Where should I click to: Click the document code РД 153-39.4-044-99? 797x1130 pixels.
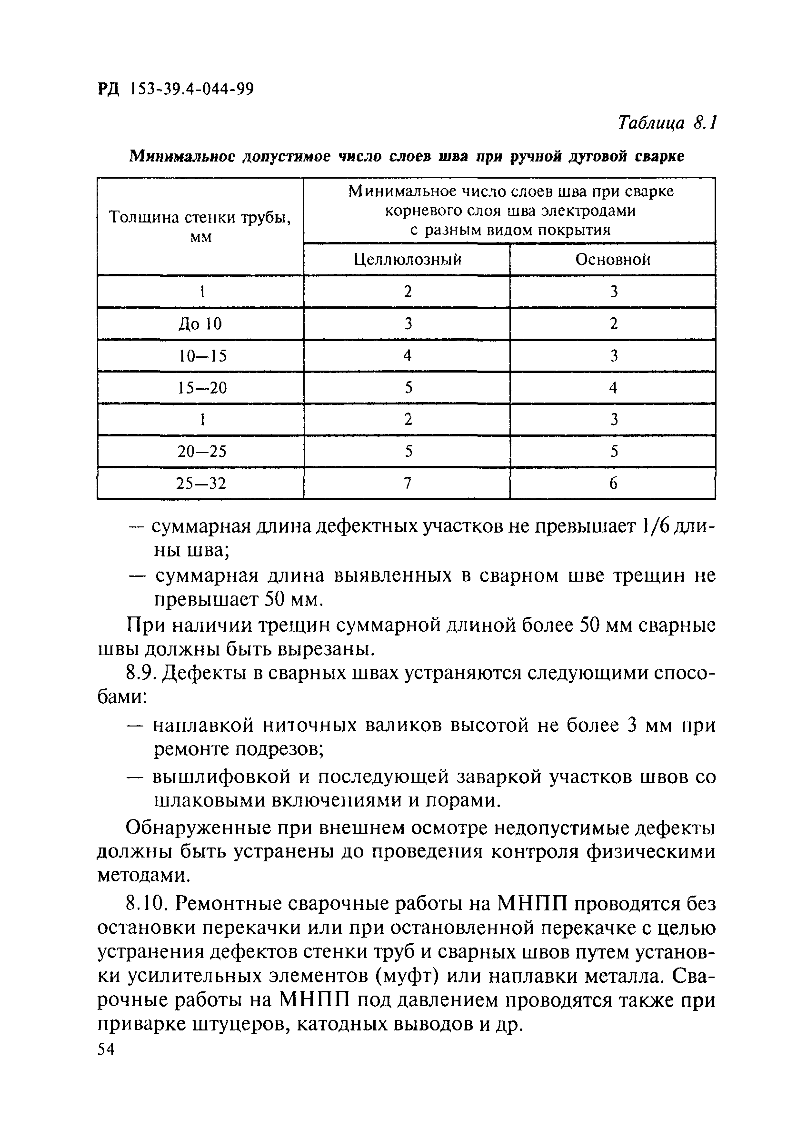click(176, 89)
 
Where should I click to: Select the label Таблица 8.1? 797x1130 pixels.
click(667, 122)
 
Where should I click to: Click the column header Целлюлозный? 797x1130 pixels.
click(408, 259)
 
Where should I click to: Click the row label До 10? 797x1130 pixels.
click(200, 324)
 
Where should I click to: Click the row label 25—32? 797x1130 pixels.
click(202, 484)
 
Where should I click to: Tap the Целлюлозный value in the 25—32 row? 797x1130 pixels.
click(408, 484)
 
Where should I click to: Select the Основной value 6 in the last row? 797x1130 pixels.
click(613, 484)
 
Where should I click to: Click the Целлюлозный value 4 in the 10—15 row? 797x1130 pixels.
click(408, 356)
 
